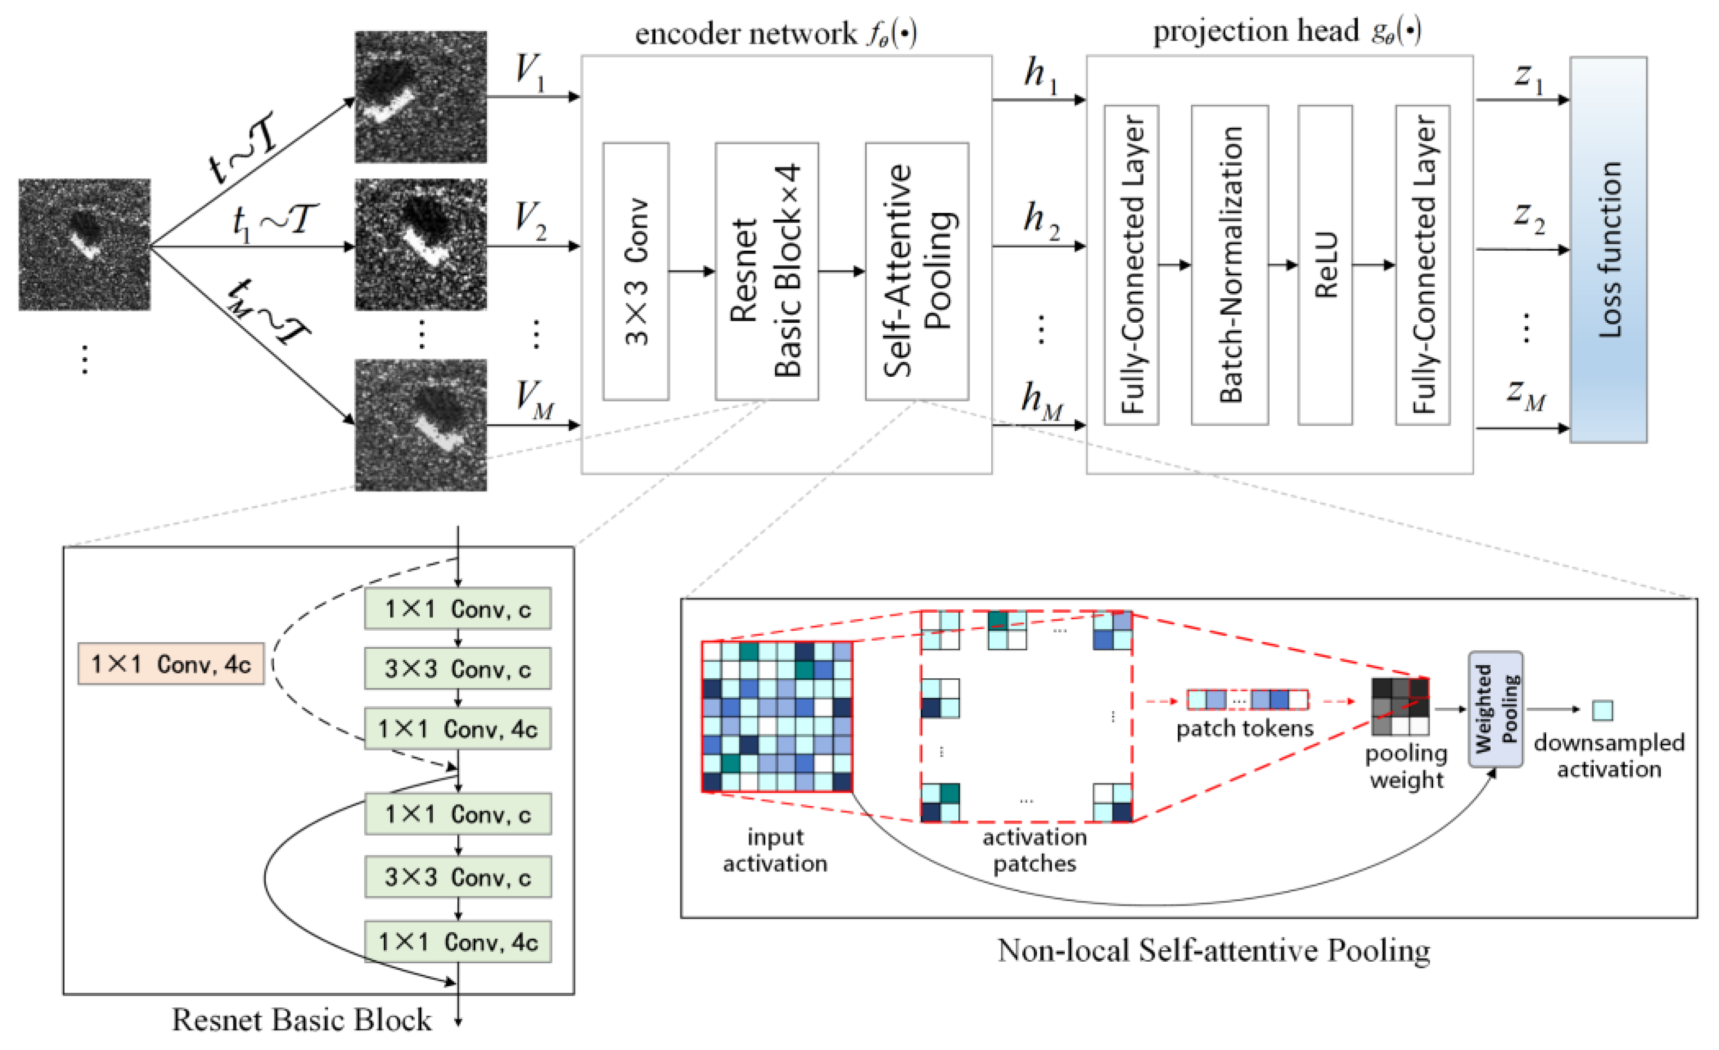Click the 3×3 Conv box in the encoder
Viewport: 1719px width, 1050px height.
click(x=636, y=271)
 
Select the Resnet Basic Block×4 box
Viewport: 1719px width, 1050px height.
click(x=766, y=271)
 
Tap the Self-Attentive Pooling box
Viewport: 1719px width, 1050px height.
click(x=916, y=271)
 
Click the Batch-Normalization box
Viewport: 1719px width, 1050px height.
click(x=1229, y=265)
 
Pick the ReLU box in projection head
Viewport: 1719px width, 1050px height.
click(x=1325, y=265)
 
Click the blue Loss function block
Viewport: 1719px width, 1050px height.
click(x=1608, y=250)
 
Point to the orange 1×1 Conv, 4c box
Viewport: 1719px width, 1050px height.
click(x=171, y=663)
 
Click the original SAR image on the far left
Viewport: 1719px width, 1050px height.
click(x=85, y=245)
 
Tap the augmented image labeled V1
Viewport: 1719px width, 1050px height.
click(x=421, y=97)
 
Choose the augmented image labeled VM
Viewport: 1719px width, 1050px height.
click(x=421, y=425)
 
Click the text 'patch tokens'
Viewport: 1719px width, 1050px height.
click(x=1245, y=728)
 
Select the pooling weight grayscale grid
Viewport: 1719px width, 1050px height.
click(x=1400, y=706)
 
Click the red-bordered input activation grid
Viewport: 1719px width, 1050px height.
click(x=776, y=716)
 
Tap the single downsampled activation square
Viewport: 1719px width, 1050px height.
click(x=1602, y=710)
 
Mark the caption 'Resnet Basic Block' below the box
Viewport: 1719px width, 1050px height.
click(x=301, y=1019)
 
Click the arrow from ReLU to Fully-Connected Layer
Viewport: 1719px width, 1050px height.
click(x=1373, y=265)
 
